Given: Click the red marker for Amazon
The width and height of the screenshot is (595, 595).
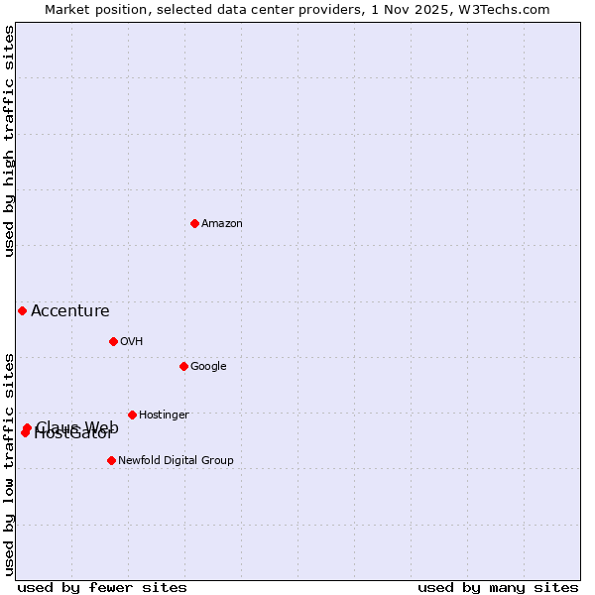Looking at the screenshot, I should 194,223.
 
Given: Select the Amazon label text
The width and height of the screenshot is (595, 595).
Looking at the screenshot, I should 222,224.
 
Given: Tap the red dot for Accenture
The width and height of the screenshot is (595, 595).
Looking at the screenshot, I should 22,310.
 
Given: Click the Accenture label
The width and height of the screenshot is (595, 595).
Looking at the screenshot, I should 70,311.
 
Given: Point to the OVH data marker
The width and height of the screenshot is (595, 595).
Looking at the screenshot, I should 113,341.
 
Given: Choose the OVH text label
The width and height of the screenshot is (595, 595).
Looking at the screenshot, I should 132,342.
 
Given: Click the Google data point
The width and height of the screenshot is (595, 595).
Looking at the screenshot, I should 183,366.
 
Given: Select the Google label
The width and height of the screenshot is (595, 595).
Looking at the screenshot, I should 208,367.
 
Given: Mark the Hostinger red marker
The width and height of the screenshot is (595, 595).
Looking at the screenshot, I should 132,415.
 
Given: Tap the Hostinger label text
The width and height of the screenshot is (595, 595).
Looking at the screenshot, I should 164,416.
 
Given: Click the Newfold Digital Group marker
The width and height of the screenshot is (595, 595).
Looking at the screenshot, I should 111,460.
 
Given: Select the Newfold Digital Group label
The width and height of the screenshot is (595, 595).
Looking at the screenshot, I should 176,461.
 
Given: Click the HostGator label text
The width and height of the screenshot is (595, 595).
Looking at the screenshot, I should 74,434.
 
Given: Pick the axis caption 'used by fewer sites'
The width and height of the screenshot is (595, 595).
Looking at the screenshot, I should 102,588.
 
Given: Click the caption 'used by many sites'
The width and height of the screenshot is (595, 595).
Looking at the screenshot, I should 498,588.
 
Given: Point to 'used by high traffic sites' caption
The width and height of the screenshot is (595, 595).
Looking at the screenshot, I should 9,141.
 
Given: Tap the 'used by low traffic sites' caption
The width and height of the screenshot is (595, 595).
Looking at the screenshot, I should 9,463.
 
